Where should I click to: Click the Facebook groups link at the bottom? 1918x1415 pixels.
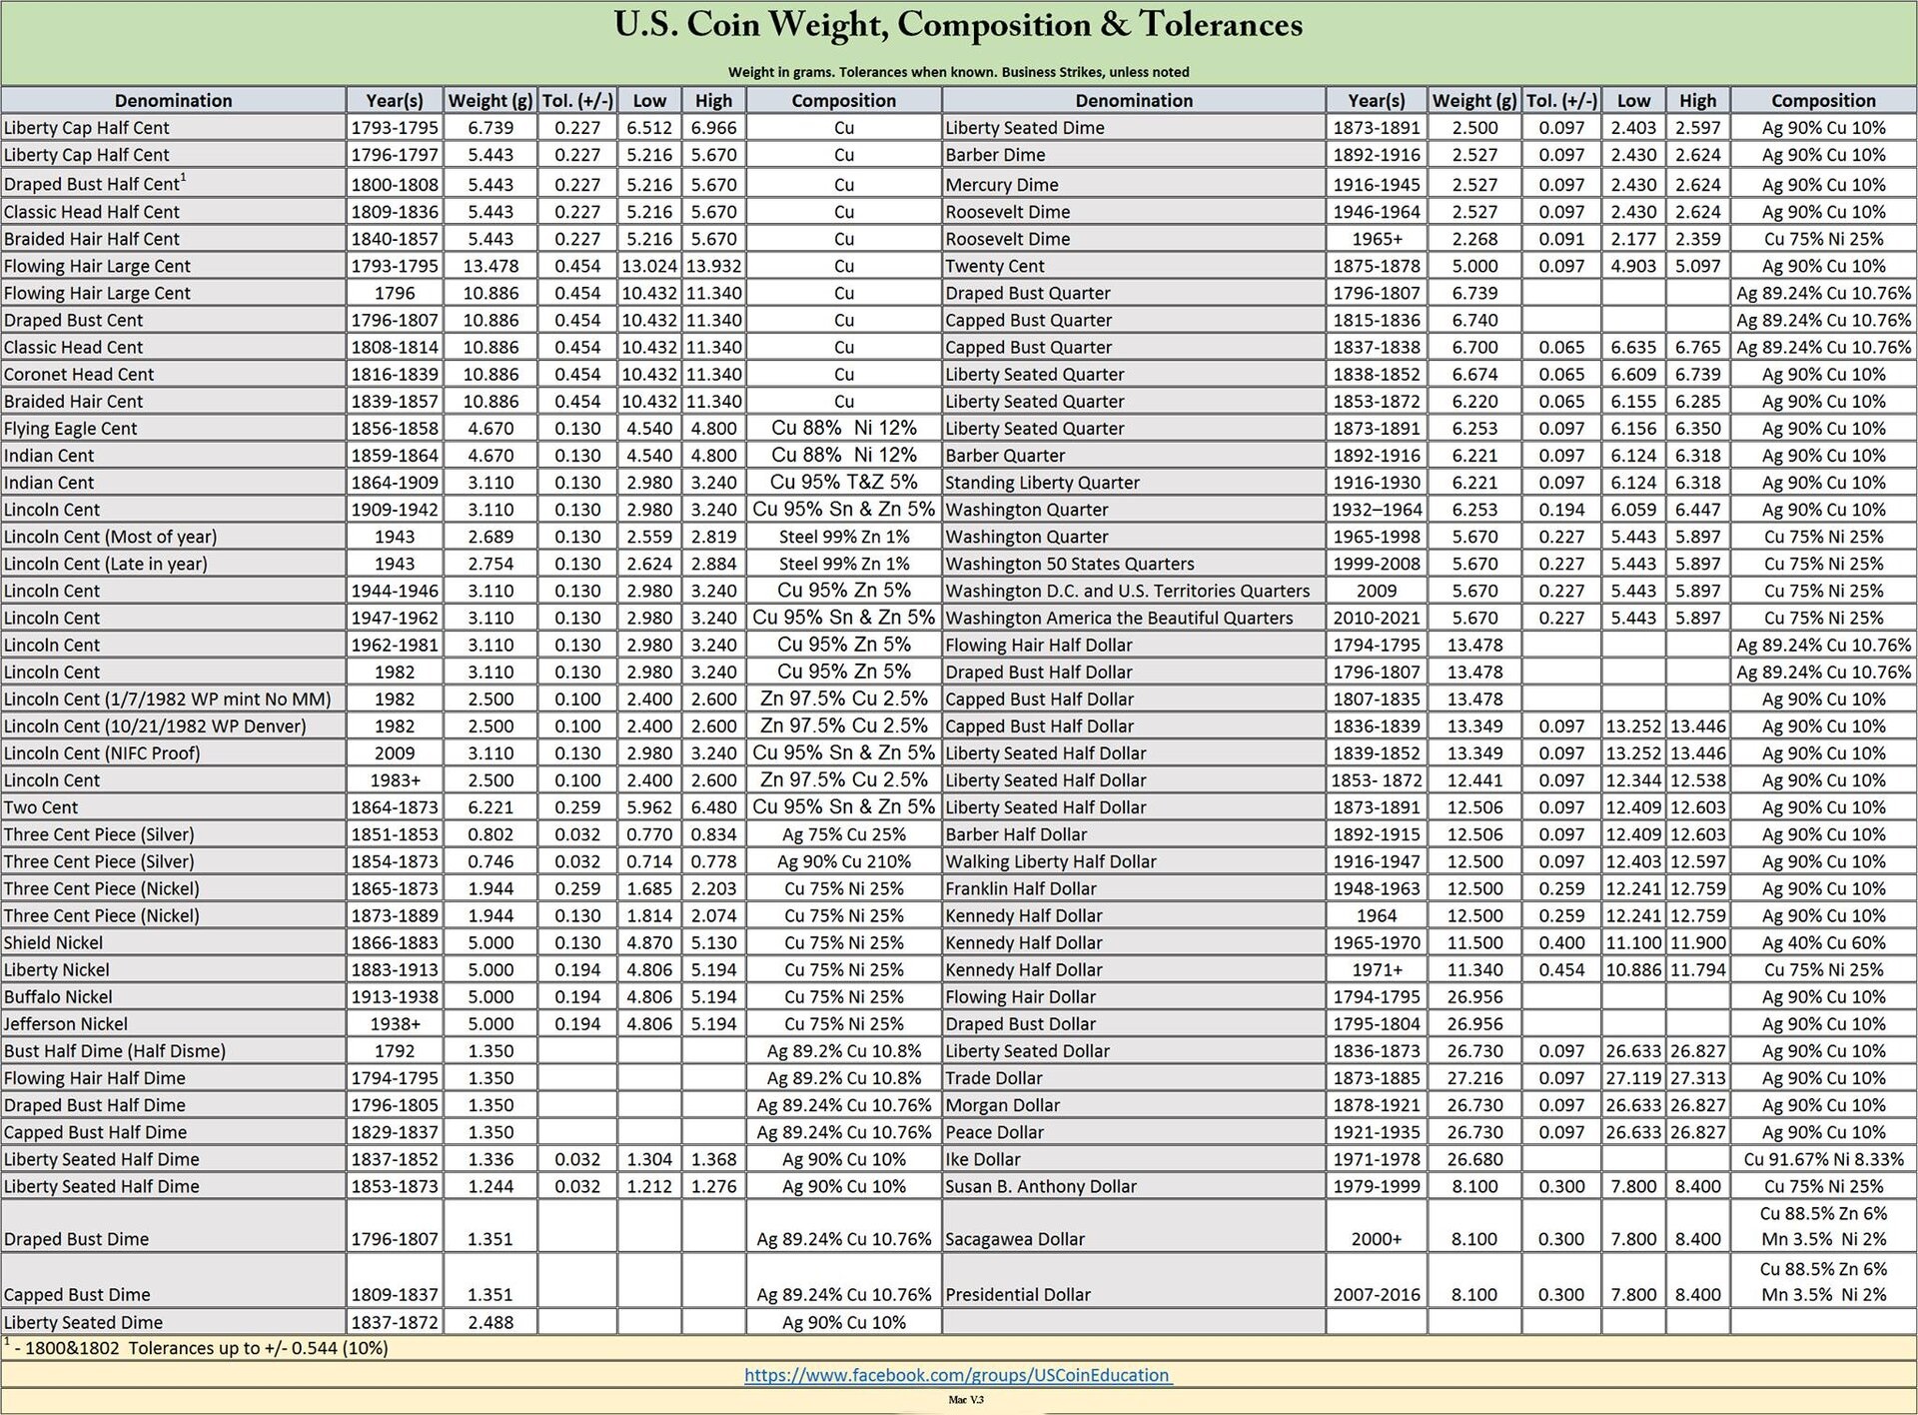[958, 1375]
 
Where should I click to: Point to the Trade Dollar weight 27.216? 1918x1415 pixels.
[1473, 1078]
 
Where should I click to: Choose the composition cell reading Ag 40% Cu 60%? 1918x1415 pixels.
[1823, 942]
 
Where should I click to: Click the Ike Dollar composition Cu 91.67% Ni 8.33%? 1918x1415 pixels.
[1823, 1159]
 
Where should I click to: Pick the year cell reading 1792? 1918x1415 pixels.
[395, 1051]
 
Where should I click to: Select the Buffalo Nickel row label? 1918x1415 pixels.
[58, 996]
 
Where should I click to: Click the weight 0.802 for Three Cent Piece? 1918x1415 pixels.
[490, 834]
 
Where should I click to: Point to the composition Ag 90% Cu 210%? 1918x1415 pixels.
[844, 861]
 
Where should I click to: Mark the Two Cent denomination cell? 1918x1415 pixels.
[41, 807]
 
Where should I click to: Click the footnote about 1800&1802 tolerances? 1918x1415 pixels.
[200, 1348]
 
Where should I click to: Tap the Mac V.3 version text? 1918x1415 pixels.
[965, 1400]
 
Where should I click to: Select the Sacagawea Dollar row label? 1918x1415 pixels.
[1015, 1239]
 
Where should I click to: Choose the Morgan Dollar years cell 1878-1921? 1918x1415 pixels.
[1376, 1105]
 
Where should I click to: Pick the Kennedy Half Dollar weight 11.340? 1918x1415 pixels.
[1473, 969]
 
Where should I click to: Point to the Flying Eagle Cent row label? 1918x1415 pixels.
[71, 429]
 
